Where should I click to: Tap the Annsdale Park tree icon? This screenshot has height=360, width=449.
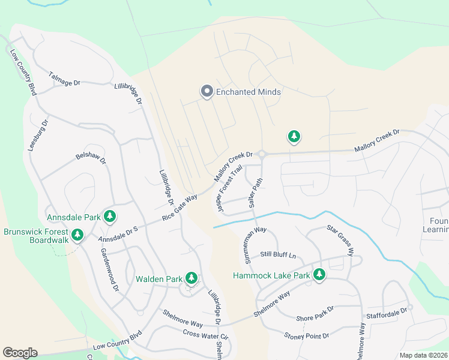pos(109,215)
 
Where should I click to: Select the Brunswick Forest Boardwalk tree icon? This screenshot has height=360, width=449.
pos(77,235)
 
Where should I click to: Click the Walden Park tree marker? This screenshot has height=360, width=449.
pos(191,278)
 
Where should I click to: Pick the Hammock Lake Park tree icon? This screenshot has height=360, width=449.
pos(319,275)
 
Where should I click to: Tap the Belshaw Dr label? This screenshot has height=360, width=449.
pos(91,158)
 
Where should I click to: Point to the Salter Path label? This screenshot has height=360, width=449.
pos(256,192)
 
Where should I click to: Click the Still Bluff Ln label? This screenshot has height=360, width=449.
pos(278,255)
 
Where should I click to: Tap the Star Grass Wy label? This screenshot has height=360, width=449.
pos(340,239)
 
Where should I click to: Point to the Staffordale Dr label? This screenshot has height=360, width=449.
pos(387,313)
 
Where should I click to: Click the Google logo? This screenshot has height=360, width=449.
pos(20,353)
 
